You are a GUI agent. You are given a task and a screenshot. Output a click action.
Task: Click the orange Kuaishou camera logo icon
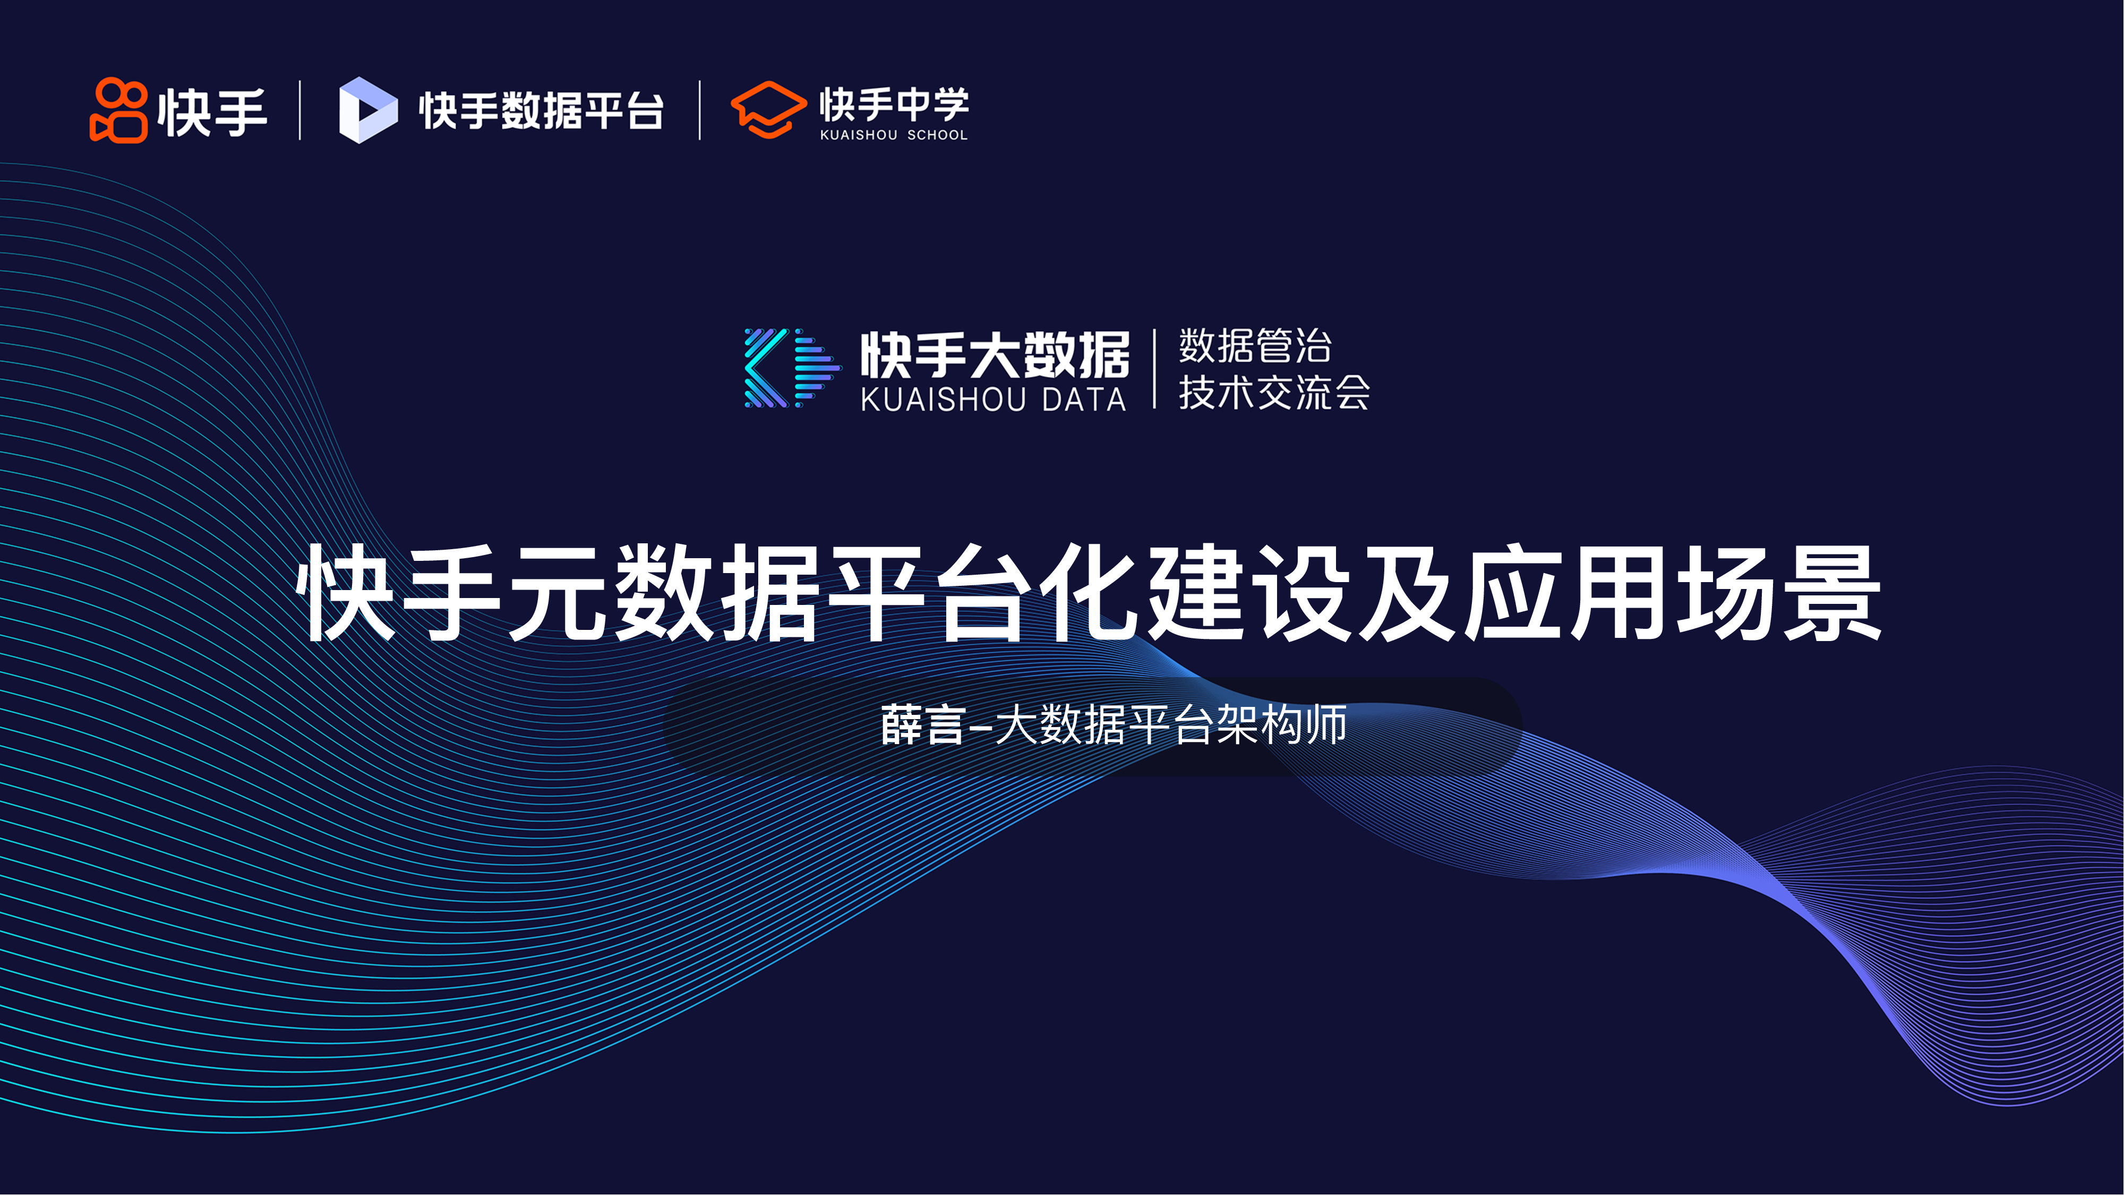(x=119, y=110)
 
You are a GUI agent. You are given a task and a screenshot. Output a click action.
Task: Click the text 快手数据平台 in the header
(x=541, y=110)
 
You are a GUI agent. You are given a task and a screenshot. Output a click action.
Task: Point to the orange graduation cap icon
(x=768, y=110)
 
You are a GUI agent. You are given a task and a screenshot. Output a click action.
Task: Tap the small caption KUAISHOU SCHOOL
(x=894, y=134)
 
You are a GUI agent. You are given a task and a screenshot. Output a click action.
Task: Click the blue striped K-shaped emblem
(x=792, y=368)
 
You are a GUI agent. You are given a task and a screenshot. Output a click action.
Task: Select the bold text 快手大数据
(x=995, y=355)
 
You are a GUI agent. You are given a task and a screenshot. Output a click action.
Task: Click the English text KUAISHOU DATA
(x=994, y=400)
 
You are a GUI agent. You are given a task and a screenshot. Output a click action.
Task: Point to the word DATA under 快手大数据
(x=1084, y=400)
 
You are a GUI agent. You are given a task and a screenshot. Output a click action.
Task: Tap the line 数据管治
(x=1255, y=346)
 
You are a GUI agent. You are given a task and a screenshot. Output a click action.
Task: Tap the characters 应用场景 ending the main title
(x=1673, y=592)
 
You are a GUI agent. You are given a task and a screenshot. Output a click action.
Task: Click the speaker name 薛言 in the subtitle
(x=922, y=725)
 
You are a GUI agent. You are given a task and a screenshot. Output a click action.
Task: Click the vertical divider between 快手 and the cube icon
(x=300, y=110)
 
